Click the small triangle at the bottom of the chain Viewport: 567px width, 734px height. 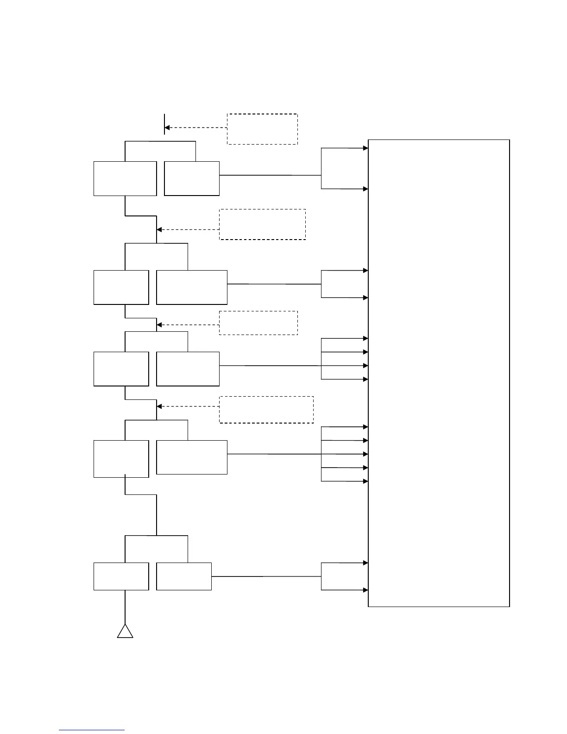pyautogui.click(x=125, y=632)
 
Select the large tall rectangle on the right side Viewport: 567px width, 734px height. pyautogui.click(x=439, y=373)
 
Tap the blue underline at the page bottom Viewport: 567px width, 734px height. pyautogui.click(x=92, y=730)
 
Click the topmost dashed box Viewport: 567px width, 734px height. pyautogui.click(x=262, y=129)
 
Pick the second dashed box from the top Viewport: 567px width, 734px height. pyautogui.click(x=262, y=224)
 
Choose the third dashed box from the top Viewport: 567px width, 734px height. pyautogui.click(x=258, y=323)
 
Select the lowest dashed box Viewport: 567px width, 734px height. pyautogui.click(x=266, y=410)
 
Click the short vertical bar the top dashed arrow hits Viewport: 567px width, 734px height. pyautogui.click(x=164, y=124)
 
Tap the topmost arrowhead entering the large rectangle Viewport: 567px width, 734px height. pyautogui.click(x=365, y=148)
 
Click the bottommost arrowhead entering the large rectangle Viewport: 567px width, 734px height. pyautogui.click(x=365, y=590)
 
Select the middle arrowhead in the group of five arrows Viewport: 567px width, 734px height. pyautogui.click(x=365, y=454)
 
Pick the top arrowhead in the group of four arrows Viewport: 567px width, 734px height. pyautogui.click(x=365, y=339)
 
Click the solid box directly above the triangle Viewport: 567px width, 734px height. pyautogui.click(x=121, y=576)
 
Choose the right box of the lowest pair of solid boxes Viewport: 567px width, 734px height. pyautogui.click(x=184, y=576)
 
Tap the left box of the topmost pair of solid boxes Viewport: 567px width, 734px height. pyautogui.click(x=125, y=178)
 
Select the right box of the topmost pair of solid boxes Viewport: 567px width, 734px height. pyautogui.click(x=192, y=178)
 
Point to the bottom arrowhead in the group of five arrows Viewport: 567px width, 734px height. pyautogui.click(x=365, y=481)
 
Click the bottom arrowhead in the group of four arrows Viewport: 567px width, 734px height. pyautogui.click(x=365, y=380)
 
